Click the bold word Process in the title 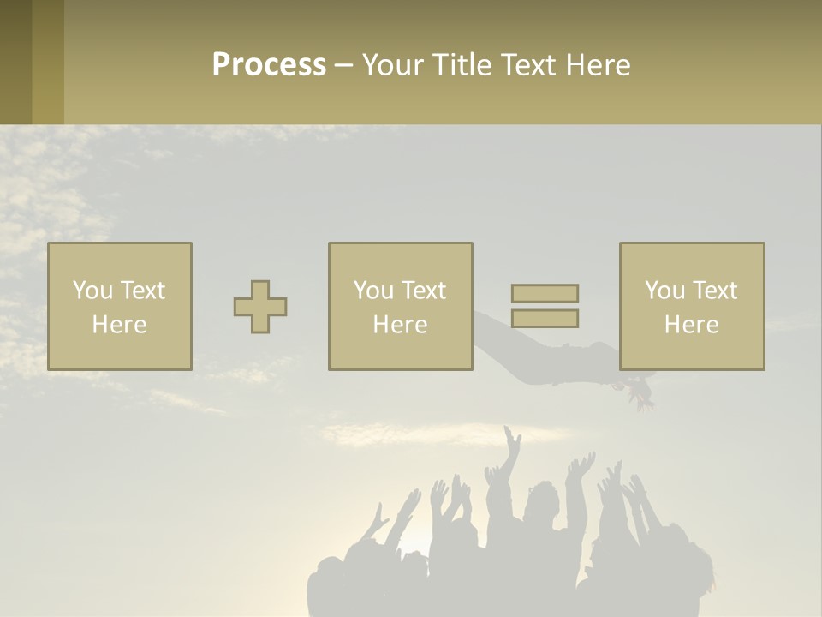(269, 65)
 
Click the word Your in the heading (393, 65)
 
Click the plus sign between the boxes (260, 307)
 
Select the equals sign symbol (545, 306)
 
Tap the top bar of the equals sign (545, 294)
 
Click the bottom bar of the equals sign (545, 318)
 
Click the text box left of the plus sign (120, 306)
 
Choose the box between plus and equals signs (400, 306)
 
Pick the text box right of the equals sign (692, 306)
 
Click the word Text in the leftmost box (143, 291)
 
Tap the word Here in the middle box (400, 325)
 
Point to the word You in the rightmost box (665, 291)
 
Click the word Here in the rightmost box (692, 325)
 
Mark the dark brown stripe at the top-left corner (15, 62)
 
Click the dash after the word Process (344, 66)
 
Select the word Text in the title (526, 65)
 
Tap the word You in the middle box (374, 291)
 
